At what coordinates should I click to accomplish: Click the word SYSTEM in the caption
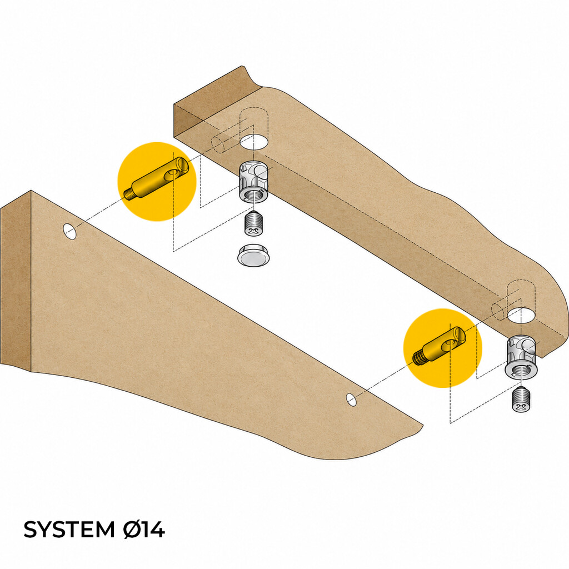[x=69, y=530]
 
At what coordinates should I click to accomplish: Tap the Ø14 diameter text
[x=144, y=530]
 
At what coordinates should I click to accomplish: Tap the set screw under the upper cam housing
[x=253, y=224]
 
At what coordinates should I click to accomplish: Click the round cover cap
[x=253, y=256]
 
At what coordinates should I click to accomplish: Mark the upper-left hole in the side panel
[x=69, y=232]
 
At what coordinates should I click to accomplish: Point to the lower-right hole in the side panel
[x=351, y=399]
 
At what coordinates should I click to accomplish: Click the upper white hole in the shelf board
[x=254, y=141]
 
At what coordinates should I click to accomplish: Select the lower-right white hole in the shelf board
[x=521, y=315]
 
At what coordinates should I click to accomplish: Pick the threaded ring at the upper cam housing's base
[x=253, y=195]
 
